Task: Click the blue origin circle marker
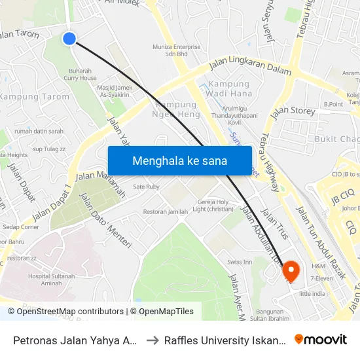click(x=69, y=39)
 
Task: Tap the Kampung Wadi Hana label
click(x=228, y=89)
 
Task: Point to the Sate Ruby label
click(x=146, y=187)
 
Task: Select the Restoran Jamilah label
click(x=165, y=211)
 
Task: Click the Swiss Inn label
click(x=240, y=262)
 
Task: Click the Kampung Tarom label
click(x=34, y=97)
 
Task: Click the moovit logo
click(x=320, y=339)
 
